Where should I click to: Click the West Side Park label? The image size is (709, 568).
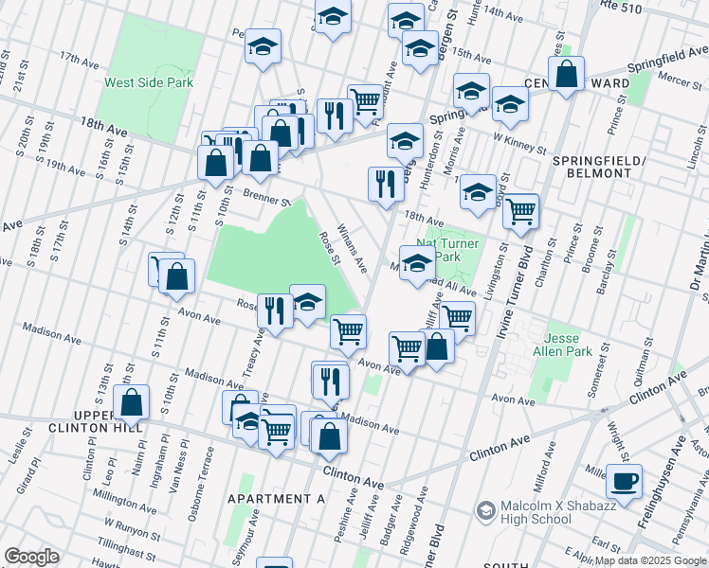click(149, 82)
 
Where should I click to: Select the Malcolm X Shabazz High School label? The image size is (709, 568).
click(529, 512)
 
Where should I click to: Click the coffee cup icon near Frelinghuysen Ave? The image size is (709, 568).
click(624, 481)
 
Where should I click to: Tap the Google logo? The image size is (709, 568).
click(30, 557)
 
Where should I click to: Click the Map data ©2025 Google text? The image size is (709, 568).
click(650, 560)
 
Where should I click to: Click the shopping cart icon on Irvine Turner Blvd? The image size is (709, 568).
click(520, 212)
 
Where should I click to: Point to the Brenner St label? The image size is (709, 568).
click(266, 199)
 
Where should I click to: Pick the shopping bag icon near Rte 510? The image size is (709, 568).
click(566, 75)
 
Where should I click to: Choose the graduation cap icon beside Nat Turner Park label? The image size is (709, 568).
click(417, 265)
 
